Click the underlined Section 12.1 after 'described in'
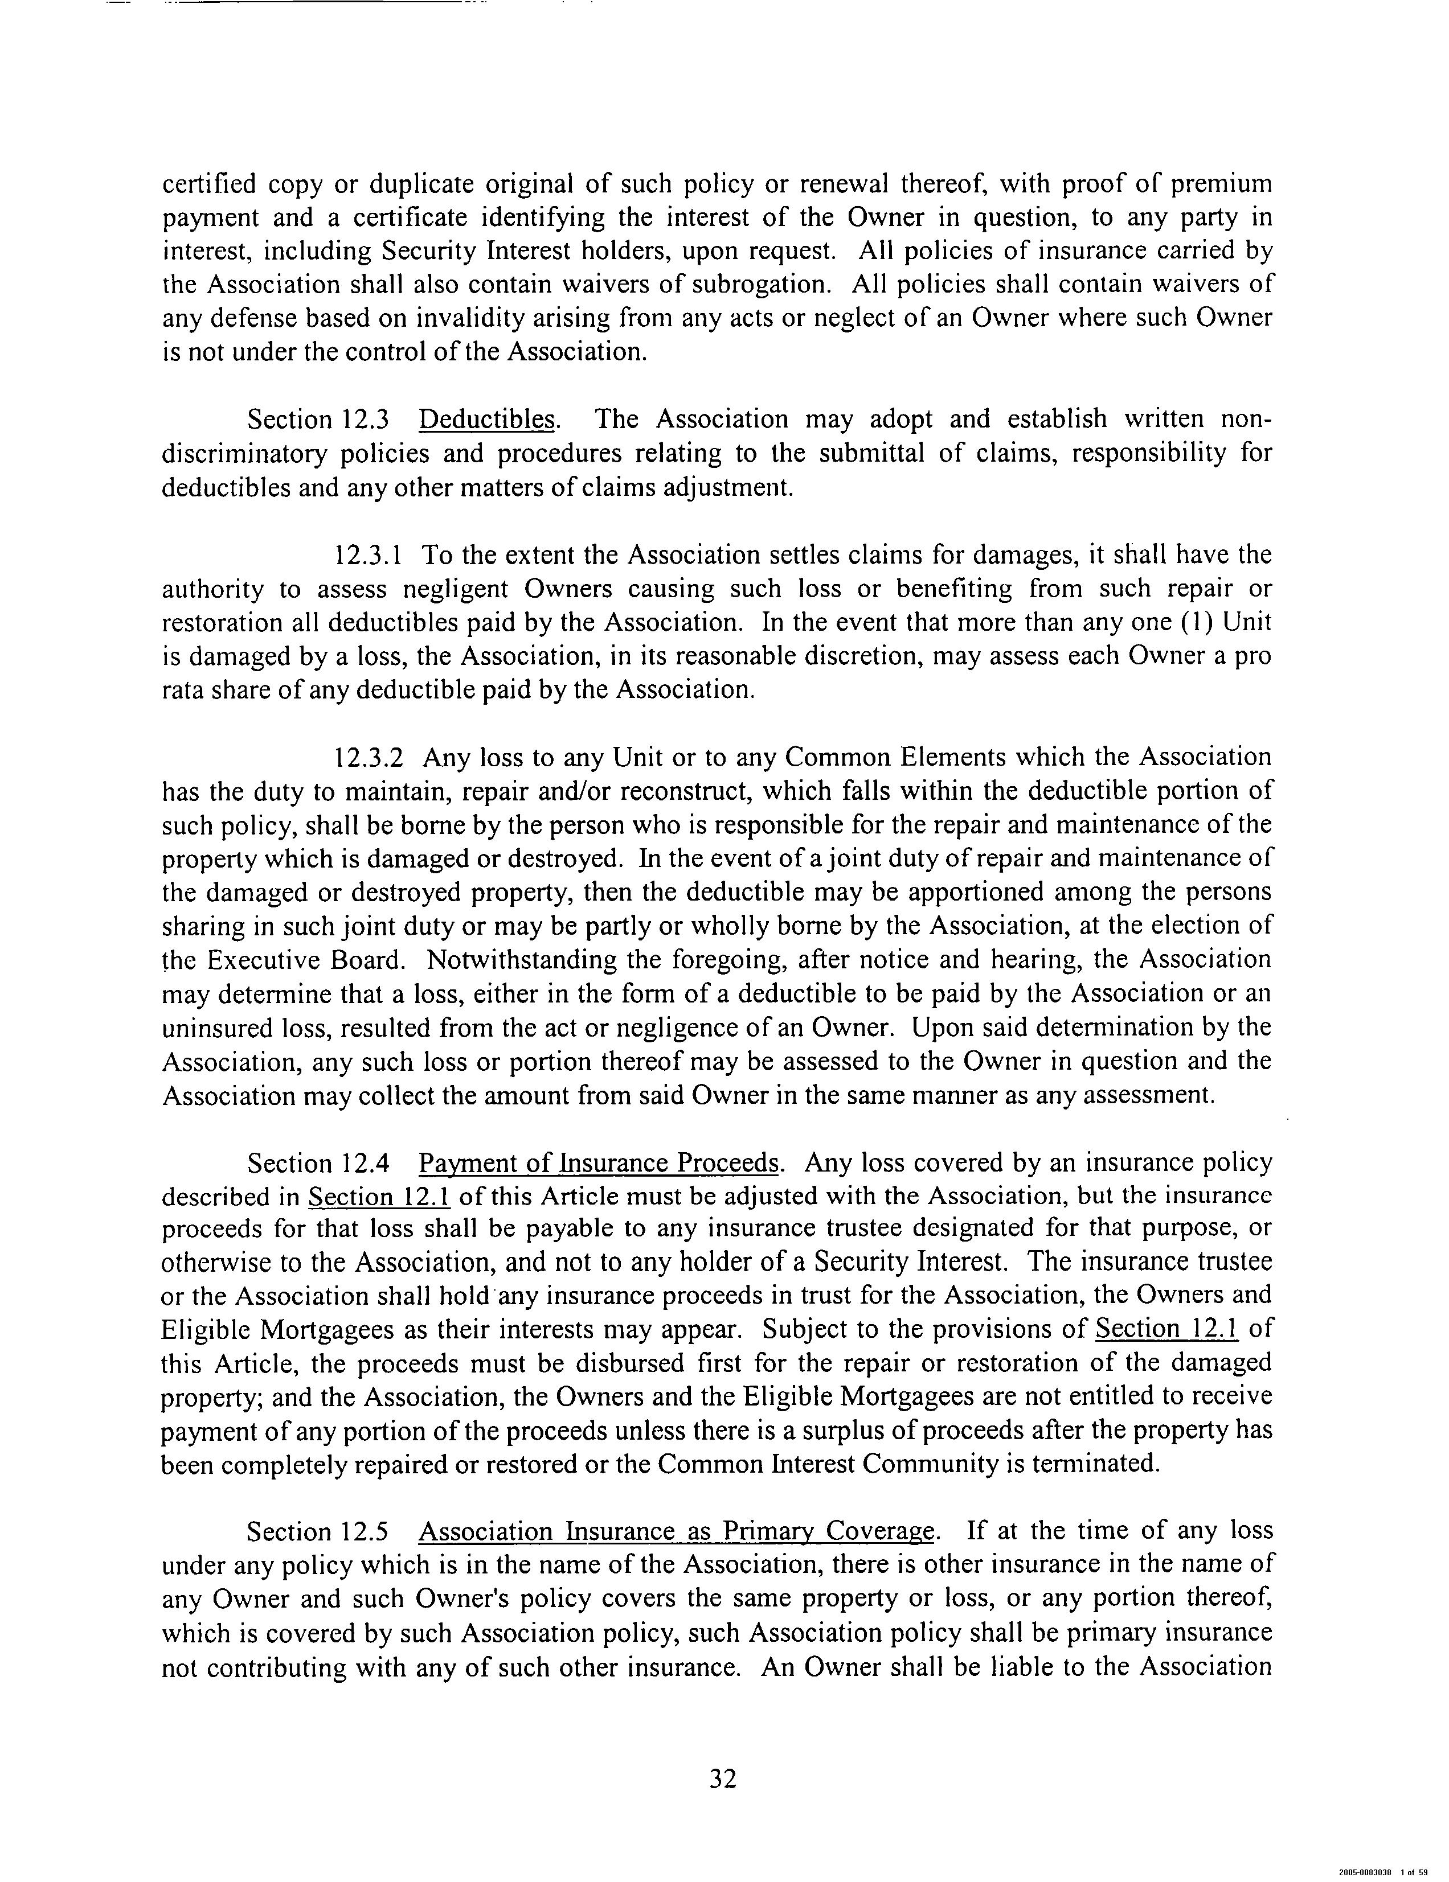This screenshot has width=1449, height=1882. coord(379,1197)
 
